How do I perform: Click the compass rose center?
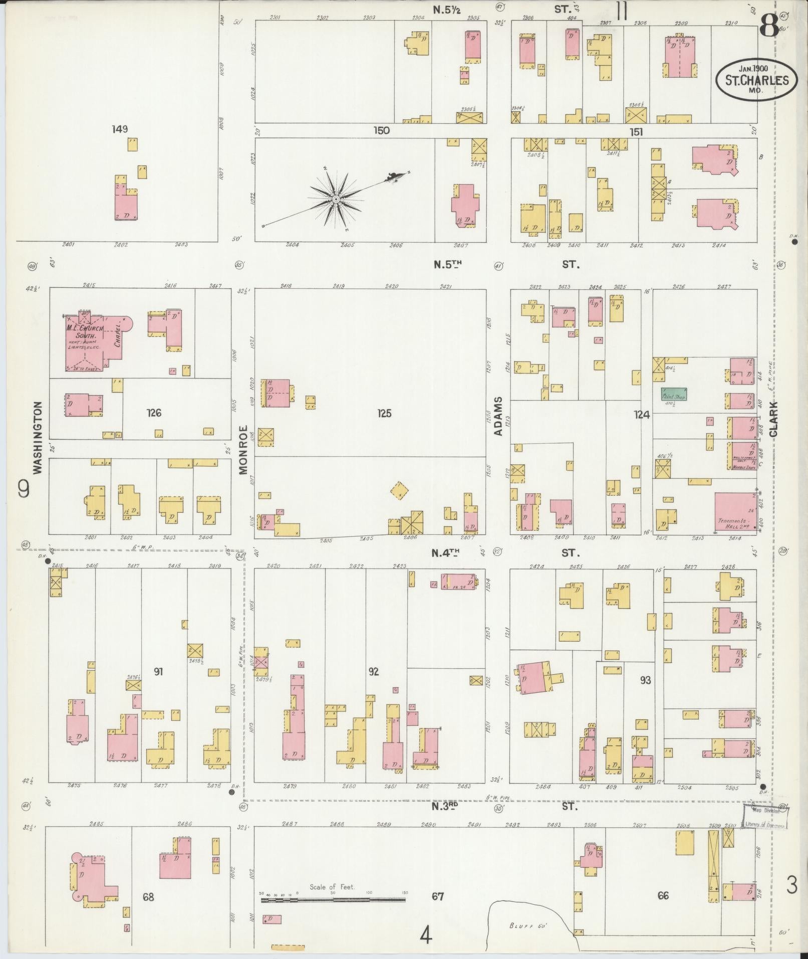[x=336, y=200]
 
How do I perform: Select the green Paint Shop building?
[x=674, y=394]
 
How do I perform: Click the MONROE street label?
[x=243, y=450]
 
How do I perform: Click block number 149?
[x=120, y=129]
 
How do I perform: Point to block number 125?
[x=384, y=414]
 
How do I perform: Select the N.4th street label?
[x=446, y=553]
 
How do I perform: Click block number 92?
[x=373, y=672]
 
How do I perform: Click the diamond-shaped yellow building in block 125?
[x=399, y=491]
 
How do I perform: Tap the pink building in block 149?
[x=126, y=207]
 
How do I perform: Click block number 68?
[x=148, y=897]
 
